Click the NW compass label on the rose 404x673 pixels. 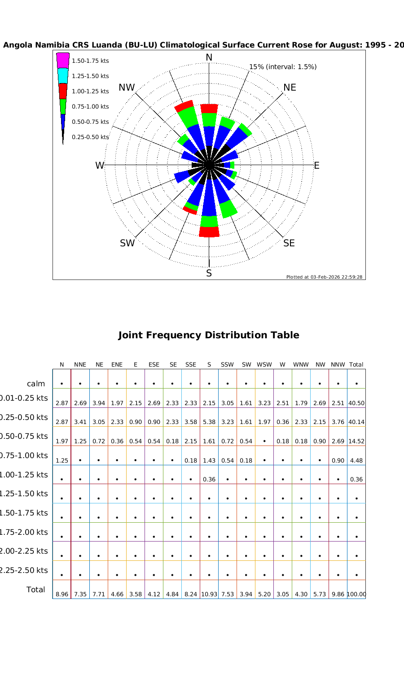pos(127,87)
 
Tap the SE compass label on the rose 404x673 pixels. pos(289,243)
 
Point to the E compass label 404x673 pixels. pos(316,166)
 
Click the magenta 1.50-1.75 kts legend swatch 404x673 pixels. pos(62,60)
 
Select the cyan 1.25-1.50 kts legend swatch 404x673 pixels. pos(63,75)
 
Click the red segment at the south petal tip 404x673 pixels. pos(209,232)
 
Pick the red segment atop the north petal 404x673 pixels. pos(209,109)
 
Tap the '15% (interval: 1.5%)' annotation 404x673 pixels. pos(283,67)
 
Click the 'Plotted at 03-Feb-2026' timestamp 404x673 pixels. pos(324,277)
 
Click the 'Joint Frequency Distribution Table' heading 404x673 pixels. pos(208,335)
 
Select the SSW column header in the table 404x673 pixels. pos(227,365)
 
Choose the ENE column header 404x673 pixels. pos(117,365)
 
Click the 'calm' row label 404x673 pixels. pos(36,384)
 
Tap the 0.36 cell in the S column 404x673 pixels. pos(209,479)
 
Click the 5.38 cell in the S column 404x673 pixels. pos(209,422)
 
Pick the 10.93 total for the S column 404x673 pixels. pos(209,594)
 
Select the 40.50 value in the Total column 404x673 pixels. pos(356,403)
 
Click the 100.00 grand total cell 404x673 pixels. pos(356,594)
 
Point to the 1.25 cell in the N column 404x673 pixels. pos(61,460)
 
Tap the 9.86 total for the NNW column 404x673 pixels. pos(338,594)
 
